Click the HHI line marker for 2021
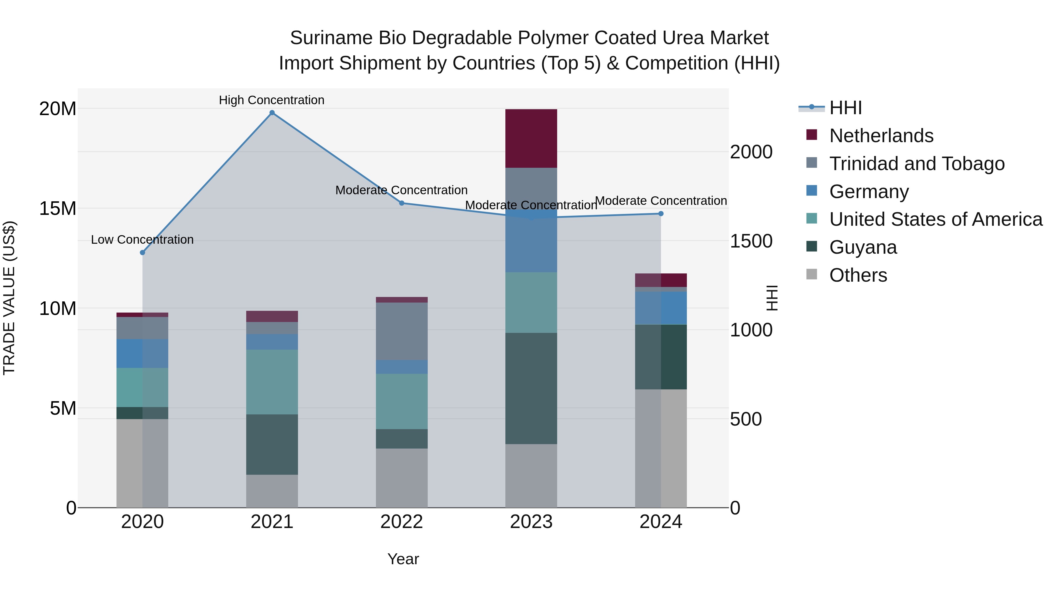click(x=272, y=113)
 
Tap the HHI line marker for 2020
click(x=143, y=253)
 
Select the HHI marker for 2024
click(x=661, y=213)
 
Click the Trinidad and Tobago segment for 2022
click(x=401, y=331)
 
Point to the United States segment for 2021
click(x=272, y=382)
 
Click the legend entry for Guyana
click(x=862, y=247)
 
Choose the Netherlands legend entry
click(x=881, y=136)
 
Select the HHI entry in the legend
click(x=845, y=108)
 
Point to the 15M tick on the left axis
click(x=58, y=209)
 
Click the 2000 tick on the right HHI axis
click(x=751, y=152)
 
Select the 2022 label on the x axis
click(x=401, y=522)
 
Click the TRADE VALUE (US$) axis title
click(x=9, y=298)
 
